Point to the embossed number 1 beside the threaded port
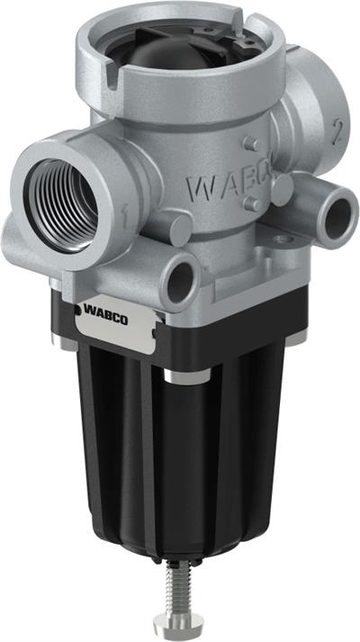coord(123,212)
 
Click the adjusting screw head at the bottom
coord(168,622)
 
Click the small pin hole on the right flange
coord(280,240)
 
